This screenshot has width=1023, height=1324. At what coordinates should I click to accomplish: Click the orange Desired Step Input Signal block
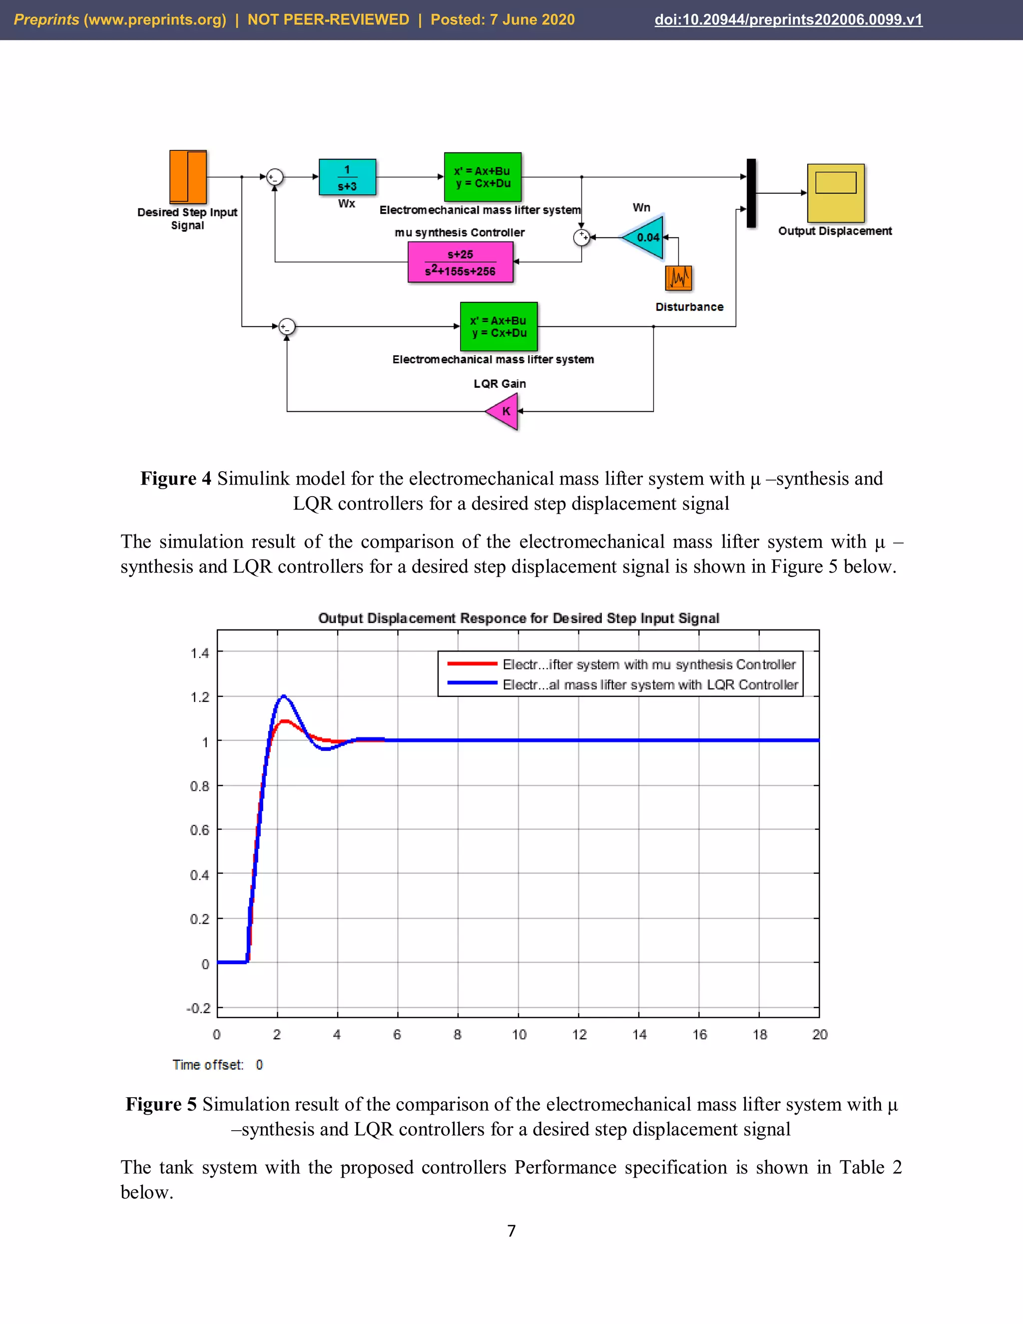(188, 177)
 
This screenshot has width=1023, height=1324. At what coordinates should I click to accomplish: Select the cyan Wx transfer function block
(347, 177)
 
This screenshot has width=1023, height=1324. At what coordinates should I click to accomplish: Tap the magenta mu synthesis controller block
(461, 262)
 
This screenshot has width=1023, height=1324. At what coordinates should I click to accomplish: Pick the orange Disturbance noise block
(678, 278)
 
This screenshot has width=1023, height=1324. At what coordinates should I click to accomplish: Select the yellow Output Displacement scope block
(836, 193)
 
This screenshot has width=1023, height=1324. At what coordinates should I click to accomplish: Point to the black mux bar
(751, 193)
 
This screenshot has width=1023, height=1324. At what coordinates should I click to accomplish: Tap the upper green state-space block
(483, 177)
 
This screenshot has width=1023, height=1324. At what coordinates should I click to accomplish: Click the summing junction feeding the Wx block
(275, 177)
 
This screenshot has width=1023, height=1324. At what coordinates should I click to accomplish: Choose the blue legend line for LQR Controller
(472, 683)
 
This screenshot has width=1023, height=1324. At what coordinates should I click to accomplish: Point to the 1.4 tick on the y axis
(199, 653)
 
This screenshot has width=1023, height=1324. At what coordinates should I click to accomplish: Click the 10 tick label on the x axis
(519, 1035)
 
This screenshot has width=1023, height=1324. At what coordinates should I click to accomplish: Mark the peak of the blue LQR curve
(284, 696)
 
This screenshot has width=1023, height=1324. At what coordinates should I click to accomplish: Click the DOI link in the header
(788, 19)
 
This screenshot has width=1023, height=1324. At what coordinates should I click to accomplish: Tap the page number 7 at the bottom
(511, 1231)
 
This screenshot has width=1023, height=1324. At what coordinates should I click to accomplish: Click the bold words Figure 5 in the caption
(161, 1105)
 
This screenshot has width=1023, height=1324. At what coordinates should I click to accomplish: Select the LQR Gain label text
(500, 384)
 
